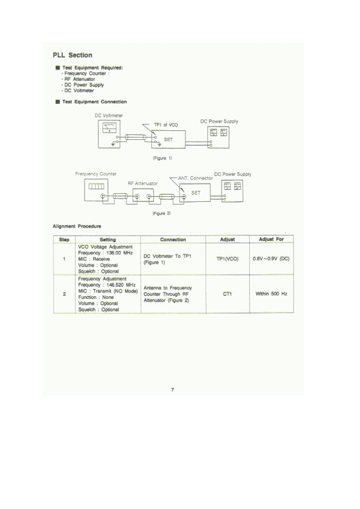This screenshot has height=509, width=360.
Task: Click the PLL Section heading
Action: coord(73,55)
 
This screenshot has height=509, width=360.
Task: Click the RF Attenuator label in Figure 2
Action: coord(143,183)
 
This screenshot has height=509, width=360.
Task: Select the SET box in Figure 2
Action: coord(197,192)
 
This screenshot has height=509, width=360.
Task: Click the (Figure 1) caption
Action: coord(162,158)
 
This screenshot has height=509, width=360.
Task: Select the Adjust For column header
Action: coord(271,239)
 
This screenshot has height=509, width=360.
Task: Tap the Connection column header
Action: coord(173,240)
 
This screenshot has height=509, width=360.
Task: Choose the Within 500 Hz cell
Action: coord(271,294)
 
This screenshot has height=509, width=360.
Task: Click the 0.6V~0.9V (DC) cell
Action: coord(271,259)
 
